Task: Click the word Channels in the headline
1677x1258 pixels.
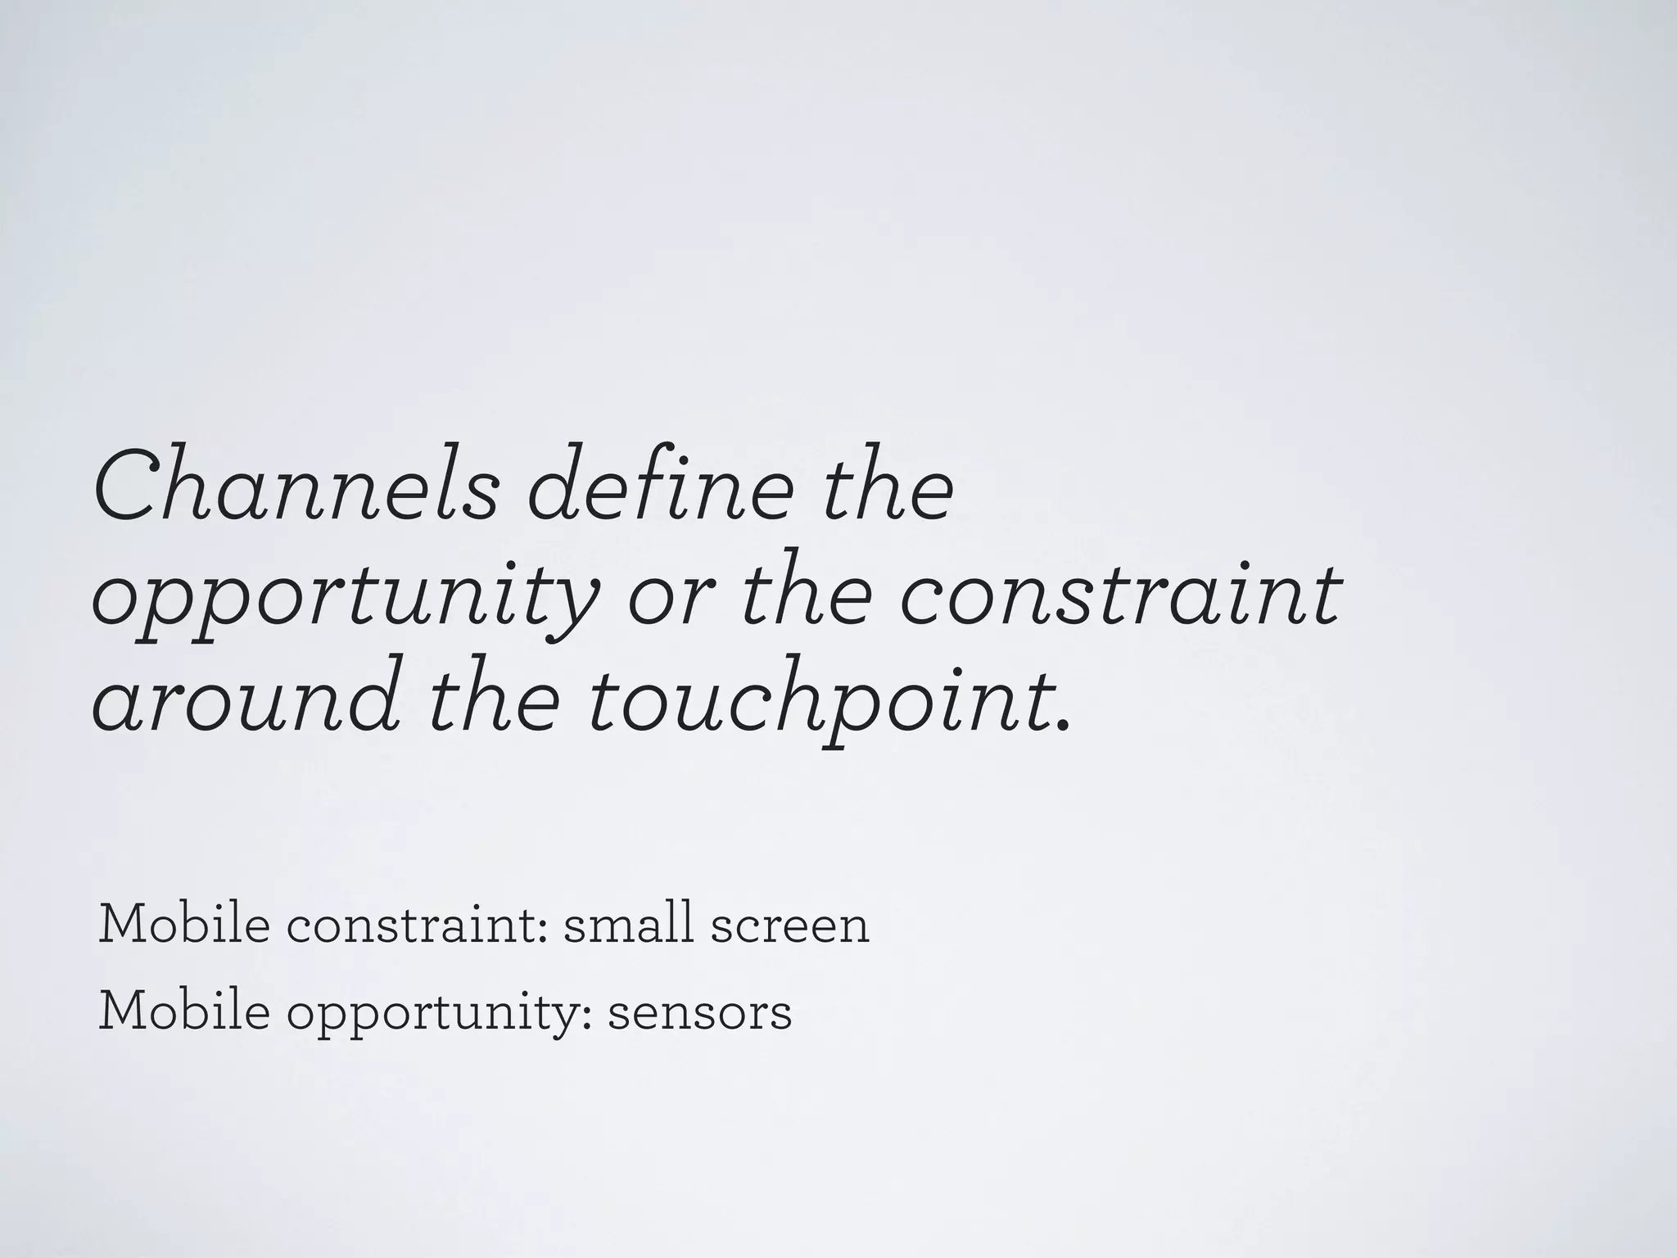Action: [296, 486]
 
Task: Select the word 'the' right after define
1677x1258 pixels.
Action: [888, 486]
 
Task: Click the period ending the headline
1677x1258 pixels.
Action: [1064, 724]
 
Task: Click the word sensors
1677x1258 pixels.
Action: [700, 1014]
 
